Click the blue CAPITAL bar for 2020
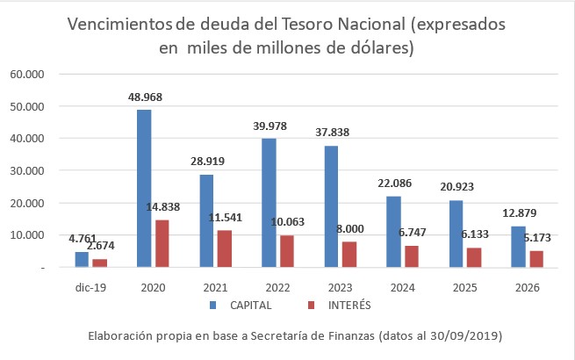[144, 188]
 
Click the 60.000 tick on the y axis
[28, 75]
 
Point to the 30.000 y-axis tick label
[28, 170]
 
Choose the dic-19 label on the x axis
[90, 288]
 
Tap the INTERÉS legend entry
[343, 306]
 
